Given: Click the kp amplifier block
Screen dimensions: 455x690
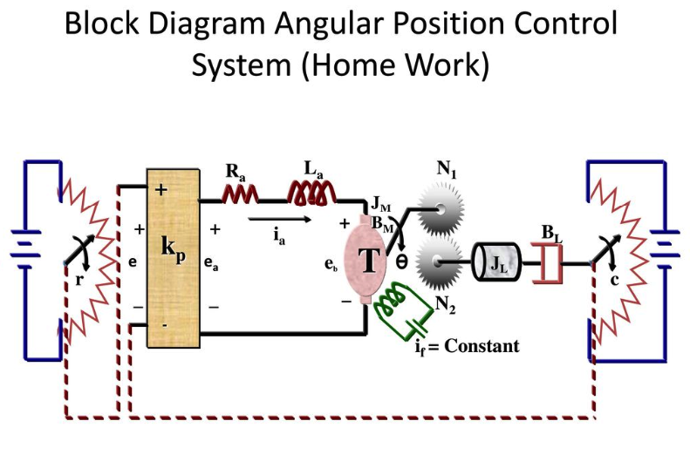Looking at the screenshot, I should tap(174, 261).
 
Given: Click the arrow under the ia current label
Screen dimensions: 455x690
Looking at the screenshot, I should tap(277, 220).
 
